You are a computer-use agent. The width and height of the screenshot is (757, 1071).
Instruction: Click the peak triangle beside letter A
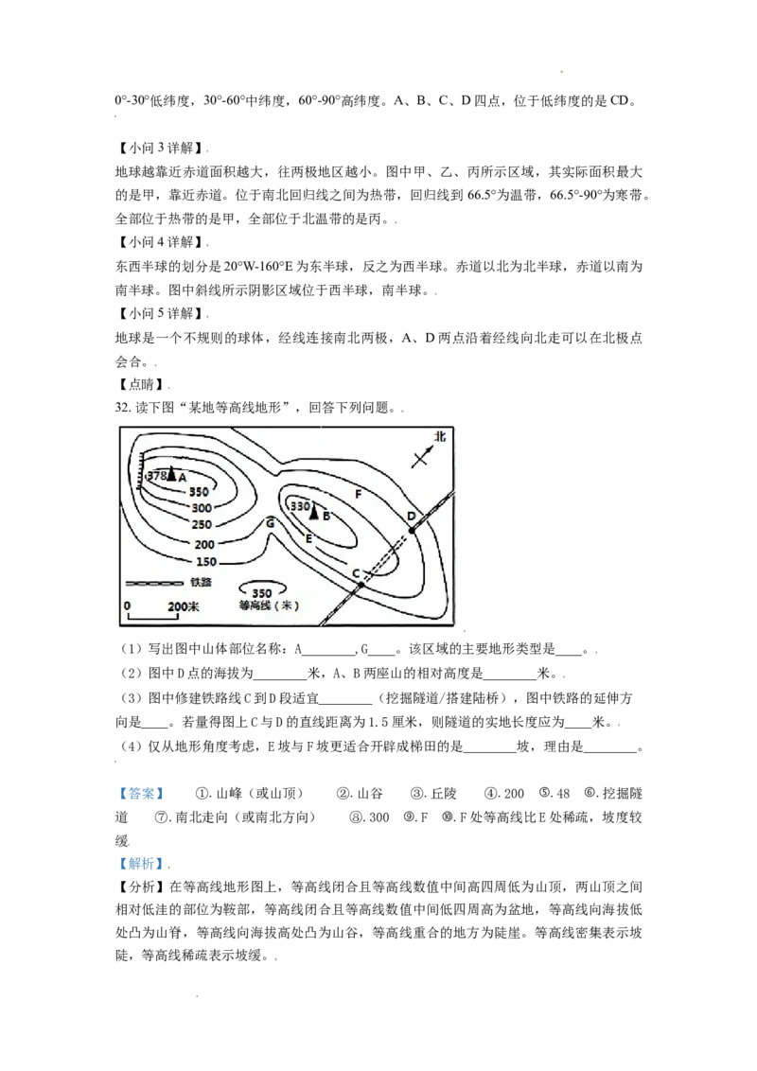click(171, 473)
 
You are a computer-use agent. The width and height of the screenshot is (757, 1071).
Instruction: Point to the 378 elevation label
click(156, 475)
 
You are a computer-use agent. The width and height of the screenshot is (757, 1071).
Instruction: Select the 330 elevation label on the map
click(301, 507)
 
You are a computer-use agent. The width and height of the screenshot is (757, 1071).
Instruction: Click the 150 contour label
click(206, 562)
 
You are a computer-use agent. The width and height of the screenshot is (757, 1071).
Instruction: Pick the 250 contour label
click(202, 524)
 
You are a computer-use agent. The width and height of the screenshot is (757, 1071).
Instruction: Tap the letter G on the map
click(271, 523)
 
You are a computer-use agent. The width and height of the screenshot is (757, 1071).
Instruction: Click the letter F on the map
click(358, 494)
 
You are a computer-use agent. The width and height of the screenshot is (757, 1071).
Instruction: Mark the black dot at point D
click(412, 530)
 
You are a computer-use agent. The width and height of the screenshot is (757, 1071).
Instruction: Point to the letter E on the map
click(308, 539)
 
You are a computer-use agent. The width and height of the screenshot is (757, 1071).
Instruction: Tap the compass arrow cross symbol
click(421, 456)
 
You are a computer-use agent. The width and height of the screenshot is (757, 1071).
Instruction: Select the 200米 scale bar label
click(184, 606)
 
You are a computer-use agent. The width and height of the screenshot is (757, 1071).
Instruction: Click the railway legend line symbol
click(154, 584)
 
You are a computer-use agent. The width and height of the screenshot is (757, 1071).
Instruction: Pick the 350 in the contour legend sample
click(262, 593)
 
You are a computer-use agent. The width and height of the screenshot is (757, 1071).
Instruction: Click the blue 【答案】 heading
click(142, 794)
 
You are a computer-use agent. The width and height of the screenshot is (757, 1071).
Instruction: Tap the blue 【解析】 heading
click(142, 864)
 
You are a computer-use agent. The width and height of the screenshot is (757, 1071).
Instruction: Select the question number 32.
click(122, 408)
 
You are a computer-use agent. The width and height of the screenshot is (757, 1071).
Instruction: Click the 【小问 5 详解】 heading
click(161, 313)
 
